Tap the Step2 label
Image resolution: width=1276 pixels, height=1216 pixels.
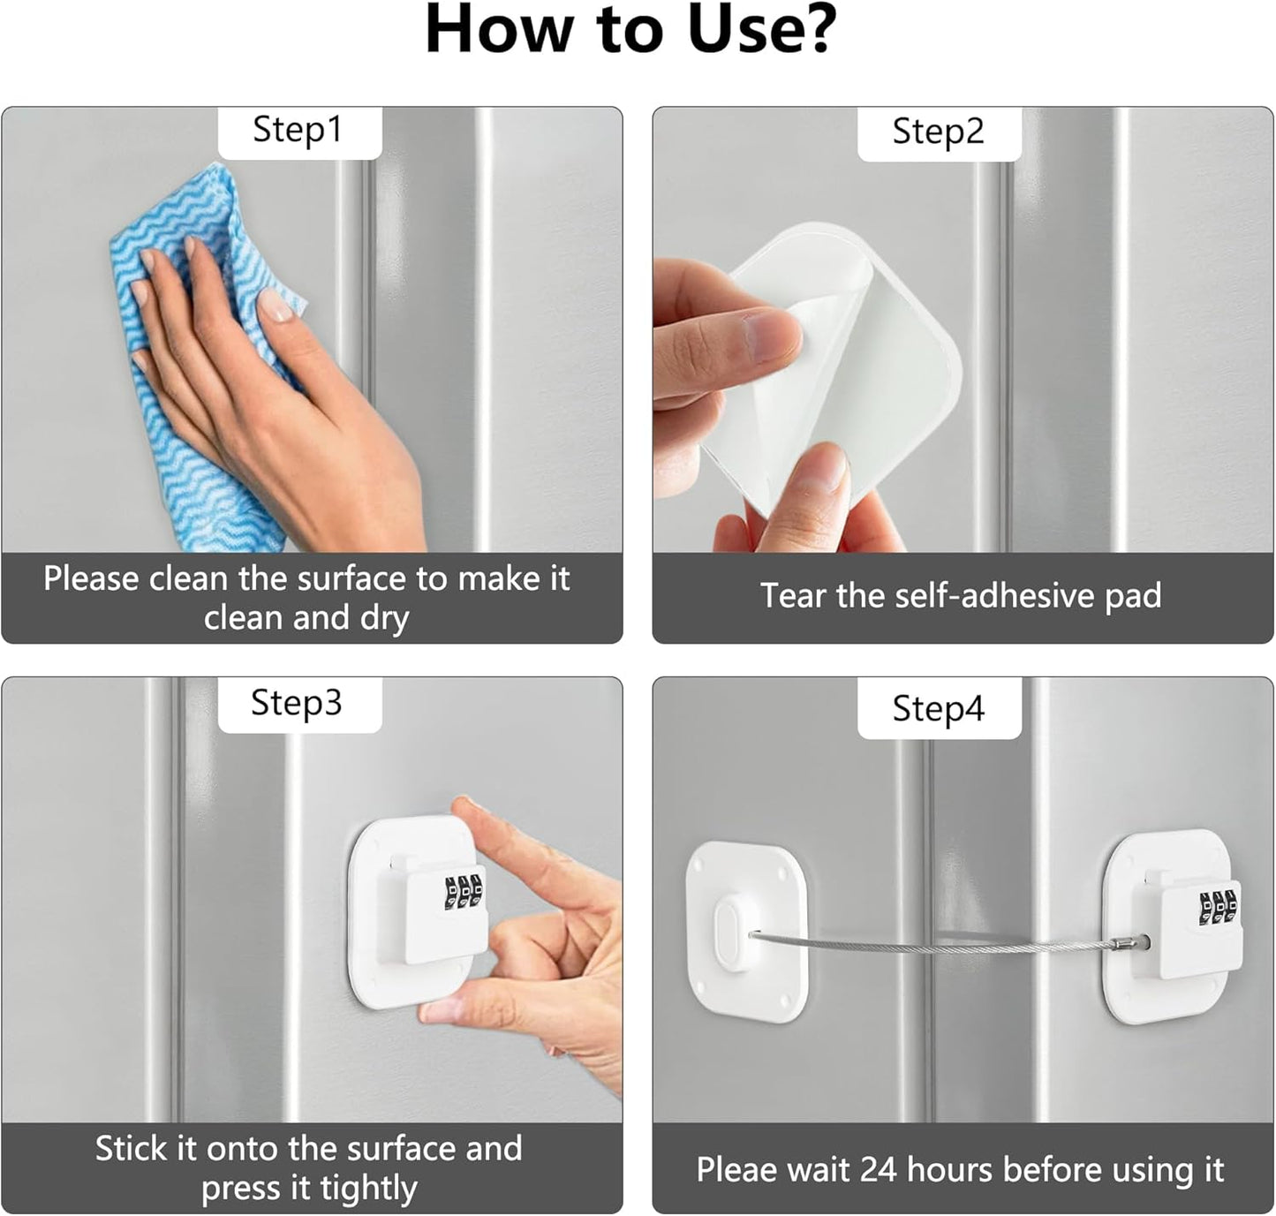938,132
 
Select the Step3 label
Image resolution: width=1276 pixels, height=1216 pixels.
296,704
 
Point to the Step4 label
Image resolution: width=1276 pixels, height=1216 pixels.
938,709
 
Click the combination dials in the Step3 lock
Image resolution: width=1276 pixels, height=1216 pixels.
464,890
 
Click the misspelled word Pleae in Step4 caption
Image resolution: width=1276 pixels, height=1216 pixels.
736,1170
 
